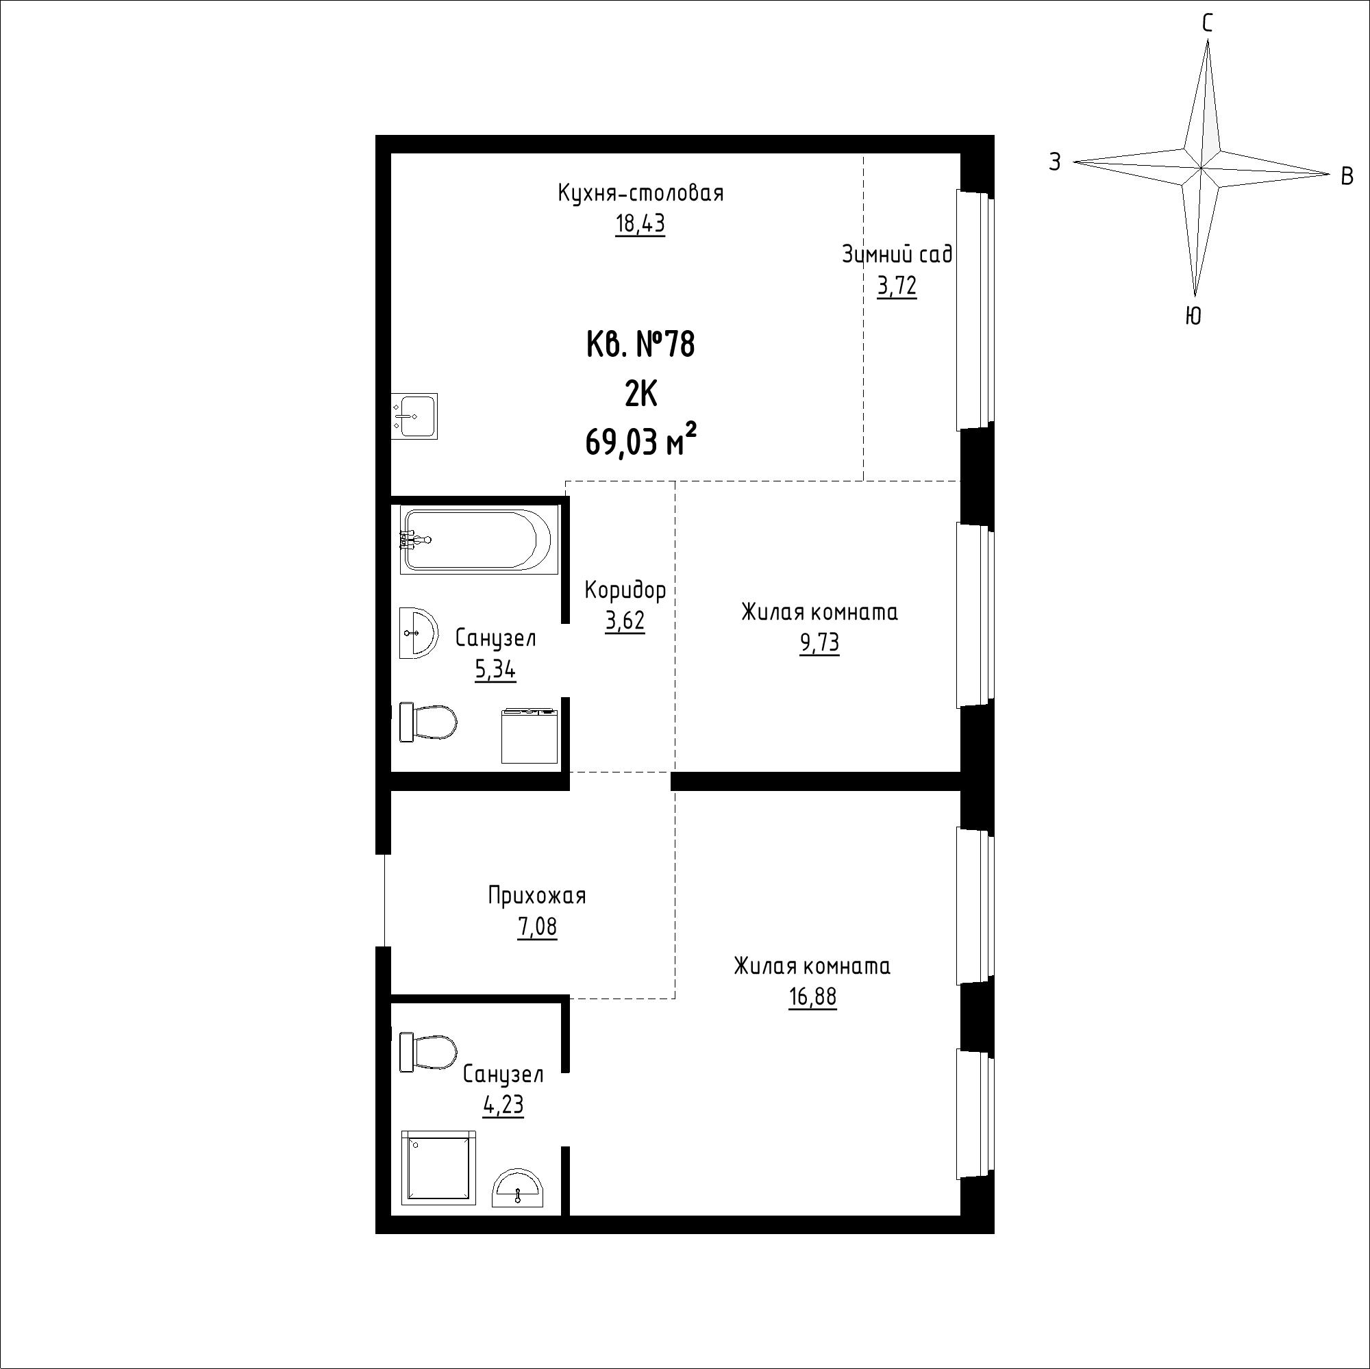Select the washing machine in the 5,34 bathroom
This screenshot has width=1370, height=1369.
pyautogui.click(x=530, y=736)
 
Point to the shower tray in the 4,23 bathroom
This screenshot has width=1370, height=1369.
pyautogui.click(x=438, y=1168)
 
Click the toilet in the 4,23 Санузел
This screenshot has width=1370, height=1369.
pyautogui.click(x=428, y=1053)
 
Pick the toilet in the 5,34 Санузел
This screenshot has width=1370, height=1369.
pyautogui.click(x=428, y=722)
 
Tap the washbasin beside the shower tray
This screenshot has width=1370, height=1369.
pyautogui.click(x=519, y=1188)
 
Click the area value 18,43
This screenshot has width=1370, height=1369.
pyautogui.click(x=640, y=224)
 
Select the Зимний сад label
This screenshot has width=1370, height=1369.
pyautogui.click(x=897, y=254)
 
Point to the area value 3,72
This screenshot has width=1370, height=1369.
pyautogui.click(x=897, y=286)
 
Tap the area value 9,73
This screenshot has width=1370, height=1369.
pyautogui.click(x=820, y=643)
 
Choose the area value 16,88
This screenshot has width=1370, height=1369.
pyautogui.click(x=812, y=998)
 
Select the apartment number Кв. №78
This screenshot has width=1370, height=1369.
pyautogui.click(x=641, y=345)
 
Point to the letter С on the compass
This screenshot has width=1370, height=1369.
pyautogui.click(x=1207, y=24)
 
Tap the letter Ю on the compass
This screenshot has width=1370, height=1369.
pyautogui.click(x=1193, y=316)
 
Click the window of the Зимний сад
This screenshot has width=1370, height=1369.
pyautogui.click(x=971, y=310)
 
